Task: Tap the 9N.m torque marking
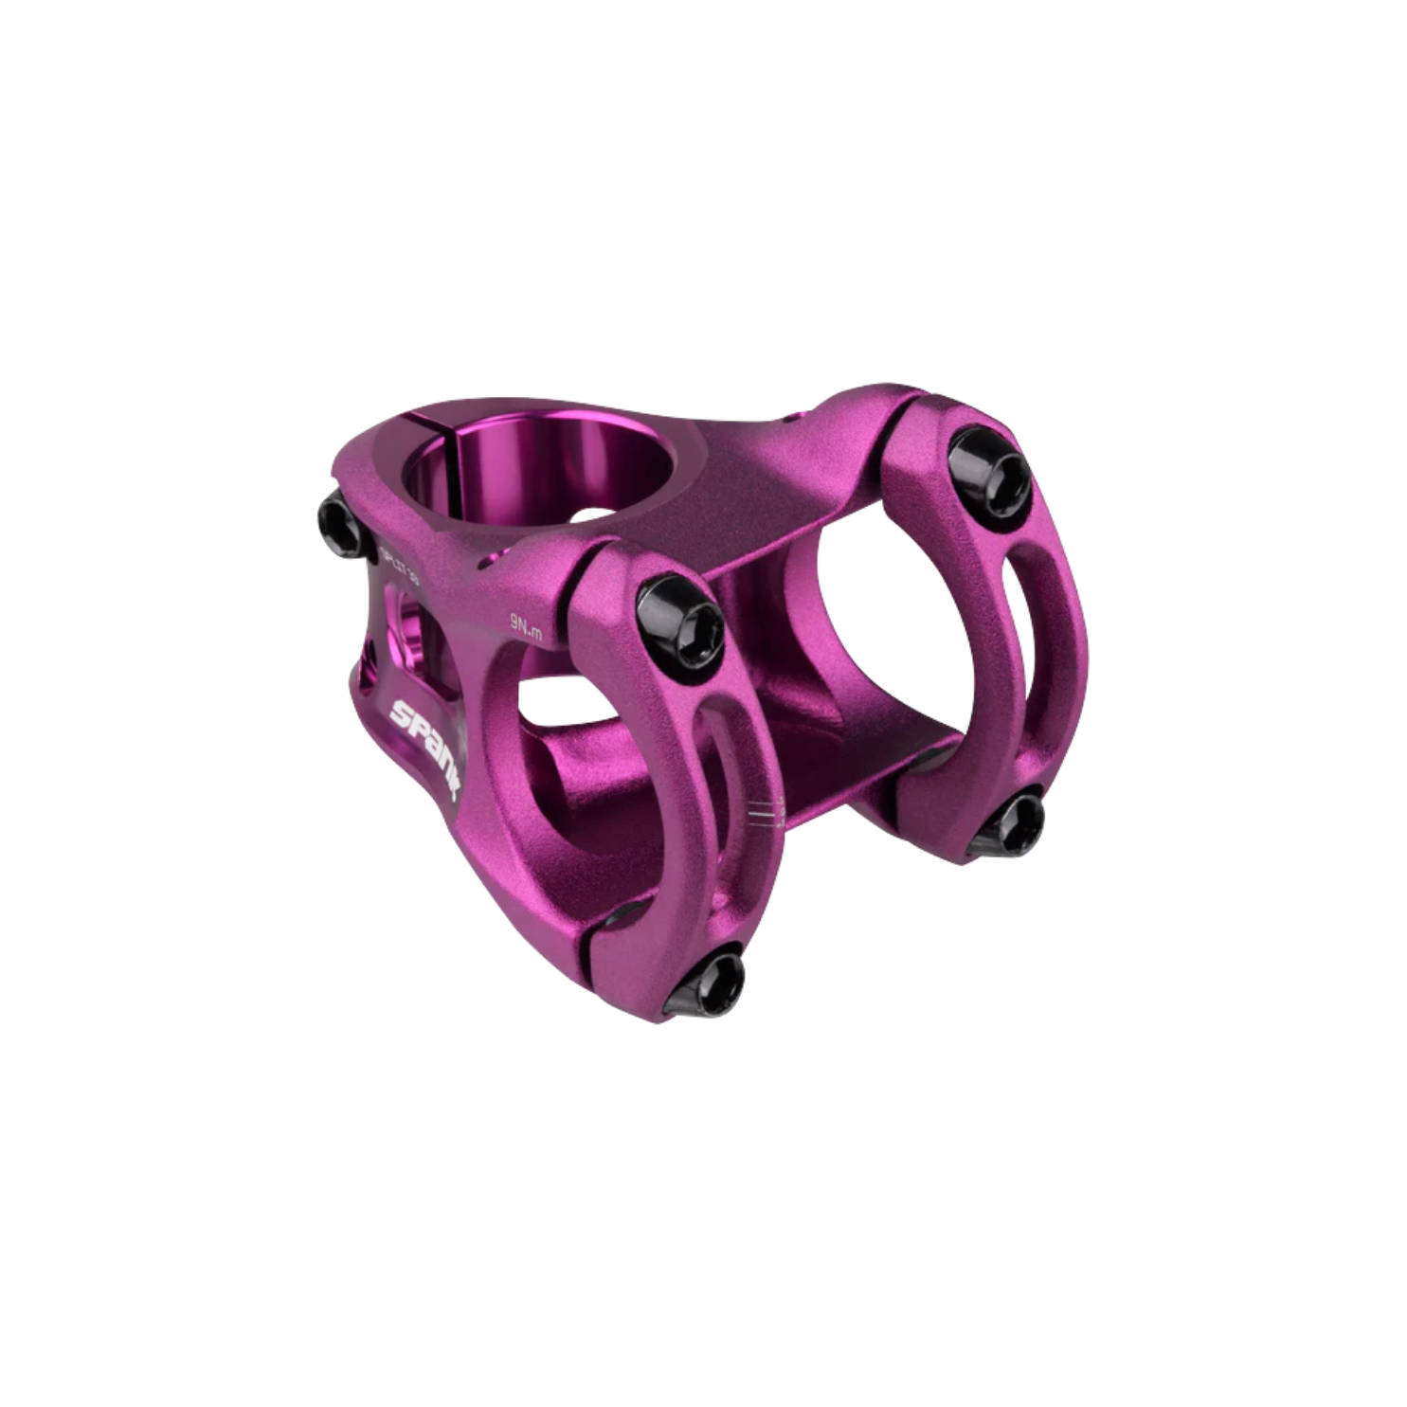click(526, 626)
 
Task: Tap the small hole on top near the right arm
click(790, 416)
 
